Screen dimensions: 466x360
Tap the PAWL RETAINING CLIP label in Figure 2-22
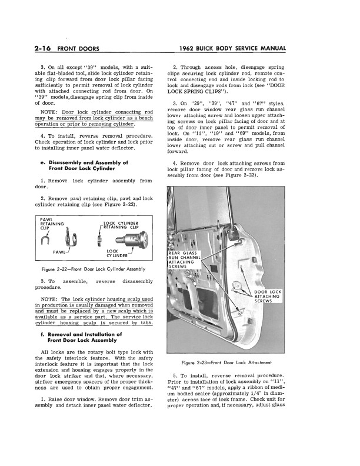52,224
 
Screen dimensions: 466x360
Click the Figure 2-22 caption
96,269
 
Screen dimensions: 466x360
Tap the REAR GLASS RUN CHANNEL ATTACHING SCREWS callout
185,259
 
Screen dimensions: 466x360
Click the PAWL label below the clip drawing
59,251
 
